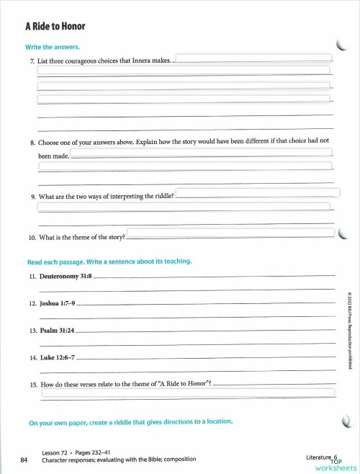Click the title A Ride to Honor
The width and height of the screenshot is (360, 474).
[x=55, y=27]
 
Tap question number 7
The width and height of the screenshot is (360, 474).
[x=31, y=62]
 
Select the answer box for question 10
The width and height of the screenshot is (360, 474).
[x=231, y=233]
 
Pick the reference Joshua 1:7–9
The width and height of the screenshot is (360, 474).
[x=55, y=303]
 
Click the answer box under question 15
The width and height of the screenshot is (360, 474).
[x=188, y=393]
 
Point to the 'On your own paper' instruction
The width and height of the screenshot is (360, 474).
[x=130, y=421]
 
